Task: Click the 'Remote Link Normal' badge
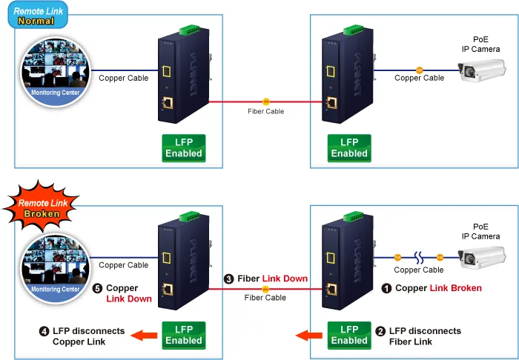tap(38, 16)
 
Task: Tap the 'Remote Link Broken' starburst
tap(41, 206)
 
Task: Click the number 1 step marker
tap(386, 289)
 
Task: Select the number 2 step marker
tap(380, 331)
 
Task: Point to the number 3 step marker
tap(228, 279)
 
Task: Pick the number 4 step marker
tap(44, 331)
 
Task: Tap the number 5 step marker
tap(97, 288)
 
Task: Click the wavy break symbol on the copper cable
tap(419, 258)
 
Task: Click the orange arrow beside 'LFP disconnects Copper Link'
tap(144, 336)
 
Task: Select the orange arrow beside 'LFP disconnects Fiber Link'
tap(309, 336)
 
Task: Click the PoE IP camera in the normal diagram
tap(482, 70)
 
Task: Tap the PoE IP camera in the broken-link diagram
tap(482, 257)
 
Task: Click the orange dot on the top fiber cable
tap(265, 101)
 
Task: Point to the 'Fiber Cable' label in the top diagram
tap(265, 111)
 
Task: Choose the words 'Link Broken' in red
tap(455, 288)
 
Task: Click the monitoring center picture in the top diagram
tap(56, 72)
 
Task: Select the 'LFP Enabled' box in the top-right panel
tap(349, 148)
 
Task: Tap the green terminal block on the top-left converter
tap(189, 30)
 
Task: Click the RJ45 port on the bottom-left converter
tap(168, 290)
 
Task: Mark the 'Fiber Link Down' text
tap(272, 279)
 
